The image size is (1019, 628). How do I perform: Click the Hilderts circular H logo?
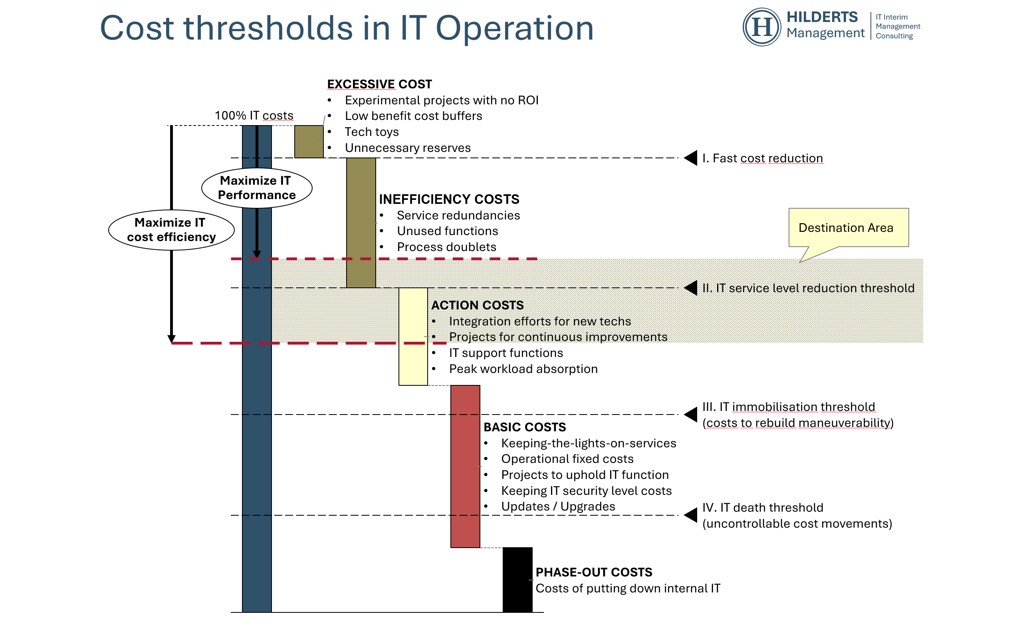[761, 27]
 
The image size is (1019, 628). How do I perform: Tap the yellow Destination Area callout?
[848, 227]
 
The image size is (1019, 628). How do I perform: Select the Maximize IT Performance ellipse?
[257, 188]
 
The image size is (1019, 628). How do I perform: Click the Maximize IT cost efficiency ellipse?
[171, 230]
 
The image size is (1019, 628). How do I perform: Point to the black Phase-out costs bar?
[517, 580]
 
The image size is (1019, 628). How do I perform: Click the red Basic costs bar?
[465, 467]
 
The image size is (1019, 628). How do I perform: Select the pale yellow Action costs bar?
[413, 337]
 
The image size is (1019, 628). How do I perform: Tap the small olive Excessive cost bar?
[309, 142]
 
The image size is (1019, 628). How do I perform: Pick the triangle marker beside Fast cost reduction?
[691, 158]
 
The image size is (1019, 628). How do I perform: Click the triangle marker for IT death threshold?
[691, 515]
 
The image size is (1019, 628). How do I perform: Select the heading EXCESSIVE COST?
[379, 84]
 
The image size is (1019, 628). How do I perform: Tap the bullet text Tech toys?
[371, 132]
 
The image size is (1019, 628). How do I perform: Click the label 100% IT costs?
[254, 116]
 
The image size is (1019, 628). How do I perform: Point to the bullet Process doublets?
[446, 247]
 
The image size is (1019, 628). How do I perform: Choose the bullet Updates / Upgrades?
[558, 507]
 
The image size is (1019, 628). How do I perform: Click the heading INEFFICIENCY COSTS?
[449, 199]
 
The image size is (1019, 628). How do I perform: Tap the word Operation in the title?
[514, 28]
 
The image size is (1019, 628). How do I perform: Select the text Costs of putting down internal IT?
[627, 588]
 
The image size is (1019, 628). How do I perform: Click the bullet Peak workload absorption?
[523, 369]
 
